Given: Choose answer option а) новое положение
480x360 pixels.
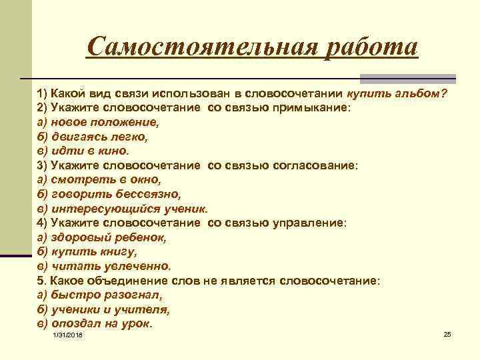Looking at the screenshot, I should click(99, 122).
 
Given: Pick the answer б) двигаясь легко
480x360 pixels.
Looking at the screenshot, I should click(93, 137).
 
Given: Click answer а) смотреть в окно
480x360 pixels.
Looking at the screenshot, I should click(99, 180).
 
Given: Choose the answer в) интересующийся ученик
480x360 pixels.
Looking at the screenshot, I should click(123, 208).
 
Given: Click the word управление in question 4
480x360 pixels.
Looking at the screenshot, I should click(310, 223).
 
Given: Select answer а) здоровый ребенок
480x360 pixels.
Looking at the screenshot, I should click(102, 237).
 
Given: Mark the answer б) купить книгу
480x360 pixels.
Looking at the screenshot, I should click(87, 251).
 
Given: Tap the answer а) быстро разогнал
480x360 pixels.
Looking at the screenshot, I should click(101, 295).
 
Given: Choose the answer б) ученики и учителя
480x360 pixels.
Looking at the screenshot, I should click(104, 309).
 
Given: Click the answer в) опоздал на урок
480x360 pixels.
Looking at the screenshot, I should click(95, 323).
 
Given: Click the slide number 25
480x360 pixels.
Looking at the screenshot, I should click(447, 333).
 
